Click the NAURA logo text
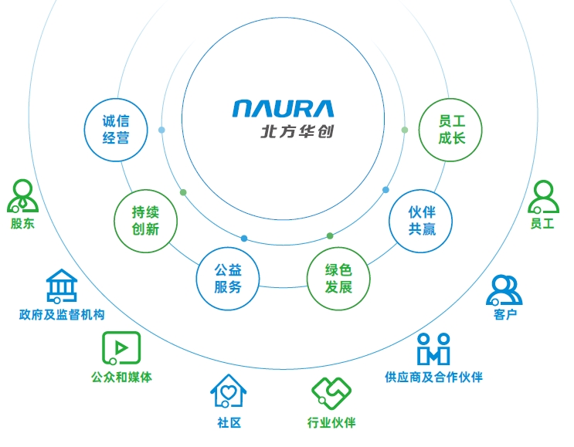(283, 108)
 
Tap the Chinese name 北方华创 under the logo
(297, 131)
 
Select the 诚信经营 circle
(116, 129)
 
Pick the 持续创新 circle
(145, 220)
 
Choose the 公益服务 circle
(228, 278)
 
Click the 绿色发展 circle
(338, 279)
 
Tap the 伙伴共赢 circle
(422, 219)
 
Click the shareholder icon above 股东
(22, 196)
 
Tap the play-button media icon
(121, 348)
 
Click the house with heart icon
(229, 391)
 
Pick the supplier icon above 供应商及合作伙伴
(433, 349)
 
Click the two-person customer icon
(504, 290)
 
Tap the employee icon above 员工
(543, 197)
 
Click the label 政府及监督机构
(62, 315)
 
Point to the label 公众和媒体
(121, 378)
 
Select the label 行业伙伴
(331, 422)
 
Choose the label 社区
(229, 422)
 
